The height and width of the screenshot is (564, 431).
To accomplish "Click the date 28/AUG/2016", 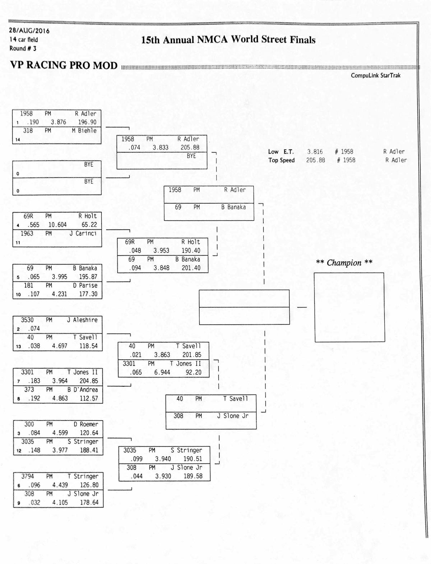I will [29, 31].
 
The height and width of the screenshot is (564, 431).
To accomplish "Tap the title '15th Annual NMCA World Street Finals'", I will [228, 39].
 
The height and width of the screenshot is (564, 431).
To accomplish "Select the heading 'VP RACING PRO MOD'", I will [64, 65].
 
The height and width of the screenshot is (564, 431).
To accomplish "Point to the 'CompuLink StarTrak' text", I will [375, 75].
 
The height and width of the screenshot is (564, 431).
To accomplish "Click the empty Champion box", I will [349, 307].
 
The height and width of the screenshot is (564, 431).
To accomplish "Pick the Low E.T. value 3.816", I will [315, 152].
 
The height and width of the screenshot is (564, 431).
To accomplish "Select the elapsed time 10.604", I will [57, 225].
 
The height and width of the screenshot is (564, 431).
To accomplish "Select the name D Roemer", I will [86, 424].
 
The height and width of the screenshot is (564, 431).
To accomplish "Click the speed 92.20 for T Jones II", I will [193, 372].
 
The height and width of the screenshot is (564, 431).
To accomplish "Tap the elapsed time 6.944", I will [162, 372].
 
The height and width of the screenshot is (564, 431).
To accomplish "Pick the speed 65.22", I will [89, 225].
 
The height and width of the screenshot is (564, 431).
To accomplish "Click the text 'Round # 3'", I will [23, 48].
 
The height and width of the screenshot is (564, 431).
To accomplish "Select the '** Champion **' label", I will [344, 263].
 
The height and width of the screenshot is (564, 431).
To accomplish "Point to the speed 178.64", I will [89, 503].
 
